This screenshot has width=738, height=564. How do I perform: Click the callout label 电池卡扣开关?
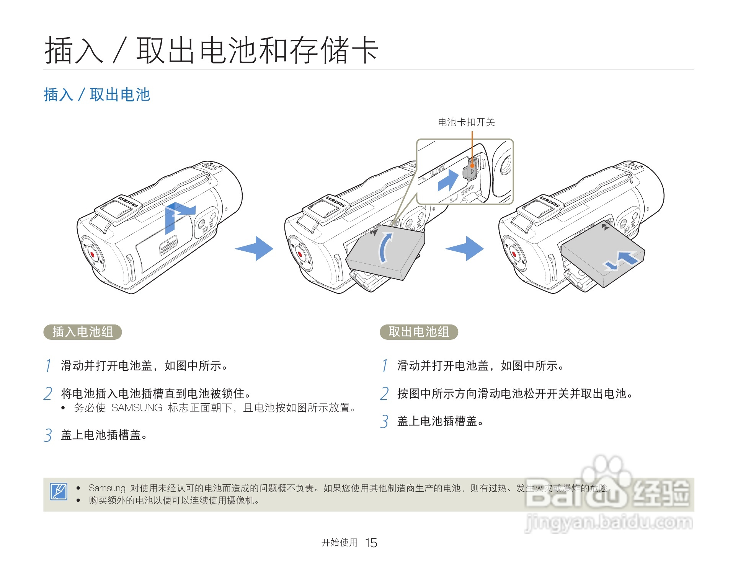[466, 122]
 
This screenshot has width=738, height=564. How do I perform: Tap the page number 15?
[371, 543]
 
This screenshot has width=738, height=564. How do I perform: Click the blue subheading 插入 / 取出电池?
[97, 95]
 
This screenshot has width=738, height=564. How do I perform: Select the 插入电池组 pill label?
[83, 332]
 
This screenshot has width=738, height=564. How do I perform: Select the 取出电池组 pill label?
[419, 332]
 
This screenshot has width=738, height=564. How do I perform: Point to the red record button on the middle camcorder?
[300, 254]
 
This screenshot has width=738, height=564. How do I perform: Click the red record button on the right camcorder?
[514, 254]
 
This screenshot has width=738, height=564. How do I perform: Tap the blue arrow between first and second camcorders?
[255, 248]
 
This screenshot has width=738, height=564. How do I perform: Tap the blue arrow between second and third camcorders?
[465, 248]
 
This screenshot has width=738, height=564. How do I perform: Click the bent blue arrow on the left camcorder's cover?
[176, 216]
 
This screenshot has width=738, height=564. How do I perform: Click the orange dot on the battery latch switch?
[472, 166]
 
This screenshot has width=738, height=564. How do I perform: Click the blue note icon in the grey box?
[59, 491]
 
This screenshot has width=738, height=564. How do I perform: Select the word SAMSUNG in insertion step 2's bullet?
[137, 408]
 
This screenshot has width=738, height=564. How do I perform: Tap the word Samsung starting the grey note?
[107, 488]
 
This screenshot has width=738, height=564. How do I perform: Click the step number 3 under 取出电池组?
[384, 422]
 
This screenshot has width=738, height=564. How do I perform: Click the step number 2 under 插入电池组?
[48, 394]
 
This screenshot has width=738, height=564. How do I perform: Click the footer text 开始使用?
[340, 543]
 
